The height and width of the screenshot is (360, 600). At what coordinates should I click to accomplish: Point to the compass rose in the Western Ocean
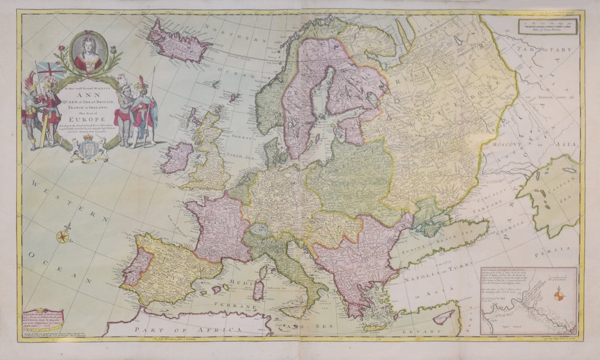(63, 237)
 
